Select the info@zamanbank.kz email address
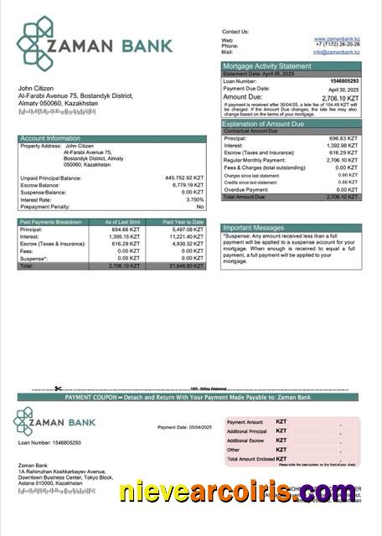(x=337, y=52)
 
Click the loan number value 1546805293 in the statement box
(x=344, y=81)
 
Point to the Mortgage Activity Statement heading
(x=266, y=65)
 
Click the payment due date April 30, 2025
(x=344, y=89)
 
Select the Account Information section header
(x=50, y=139)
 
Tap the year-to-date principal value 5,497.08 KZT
(x=186, y=229)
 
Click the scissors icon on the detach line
(x=58, y=388)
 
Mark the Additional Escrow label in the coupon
(x=245, y=441)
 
